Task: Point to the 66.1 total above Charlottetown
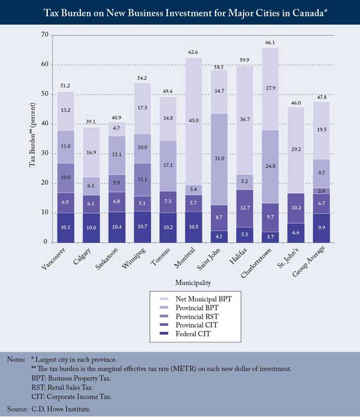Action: coord(270,43)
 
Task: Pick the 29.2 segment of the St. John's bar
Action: coord(296,150)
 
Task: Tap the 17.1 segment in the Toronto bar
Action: coord(168,166)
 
